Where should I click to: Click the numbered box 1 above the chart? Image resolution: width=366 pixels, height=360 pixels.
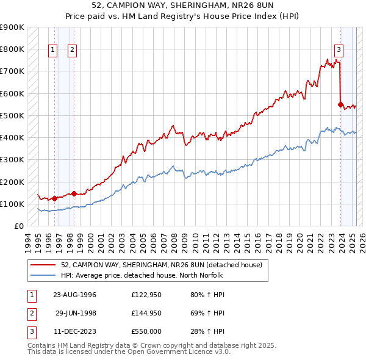pyautogui.click(x=52, y=51)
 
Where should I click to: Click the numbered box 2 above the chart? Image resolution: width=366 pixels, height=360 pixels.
pyautogui.click(x=72, y=51)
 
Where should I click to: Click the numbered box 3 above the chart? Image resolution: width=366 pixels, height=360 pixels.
pyautogui.click(x=338, y=51)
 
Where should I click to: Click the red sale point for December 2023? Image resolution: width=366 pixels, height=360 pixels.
pyautogui.click(x=340, y=104)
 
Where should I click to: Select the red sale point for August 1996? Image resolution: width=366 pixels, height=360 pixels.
pyautogui.click(x=54, y=198)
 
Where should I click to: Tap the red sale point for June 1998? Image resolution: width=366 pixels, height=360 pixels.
pyautogui.click(x=74, y=193)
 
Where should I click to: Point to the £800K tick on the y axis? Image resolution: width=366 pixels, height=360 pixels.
pyautogui.click(x=12, y=49)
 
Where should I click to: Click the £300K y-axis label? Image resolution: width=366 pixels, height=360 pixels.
pyautogui.click(x=12, y=160)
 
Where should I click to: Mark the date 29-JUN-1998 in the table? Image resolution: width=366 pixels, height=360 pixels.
pyautogui.click(x=76, y=313)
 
